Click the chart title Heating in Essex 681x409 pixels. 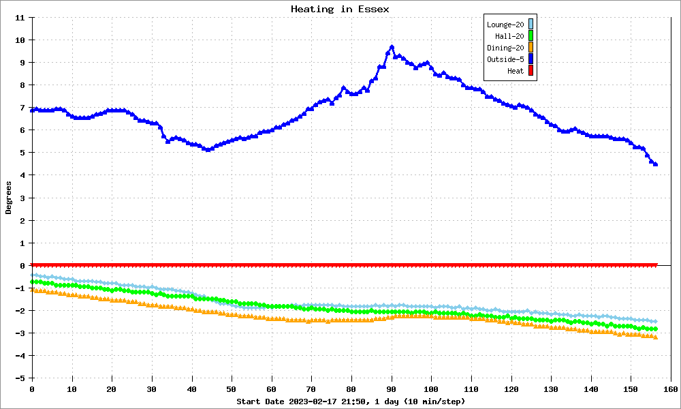[x=340, y=9]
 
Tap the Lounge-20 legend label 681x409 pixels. [x=505, y=25]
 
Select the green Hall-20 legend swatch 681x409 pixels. [x=530, y=36]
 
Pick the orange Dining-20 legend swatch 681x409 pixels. [x=530, y=48]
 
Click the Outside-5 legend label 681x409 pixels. [x=505, y=59]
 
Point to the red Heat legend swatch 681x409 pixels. [x=530, y=71]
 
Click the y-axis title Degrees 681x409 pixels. [x=8, y=198]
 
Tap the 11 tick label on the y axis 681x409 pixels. [x=20, y=18]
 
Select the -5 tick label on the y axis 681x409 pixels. [x=20, y=378]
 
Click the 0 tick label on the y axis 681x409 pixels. [x=22, y=266]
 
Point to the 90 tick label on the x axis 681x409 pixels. [x=392, y=389]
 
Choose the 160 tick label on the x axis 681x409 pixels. [x=671, y=389]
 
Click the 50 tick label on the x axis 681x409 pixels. [x=232, y=389]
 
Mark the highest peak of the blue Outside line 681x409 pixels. [x=392, y=47]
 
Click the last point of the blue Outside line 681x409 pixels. [x=655, y=164]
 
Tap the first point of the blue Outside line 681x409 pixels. [x=32, y=110]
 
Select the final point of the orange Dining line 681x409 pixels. [x=655, y=337]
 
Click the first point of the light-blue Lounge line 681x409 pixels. [x=32, y=275]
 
